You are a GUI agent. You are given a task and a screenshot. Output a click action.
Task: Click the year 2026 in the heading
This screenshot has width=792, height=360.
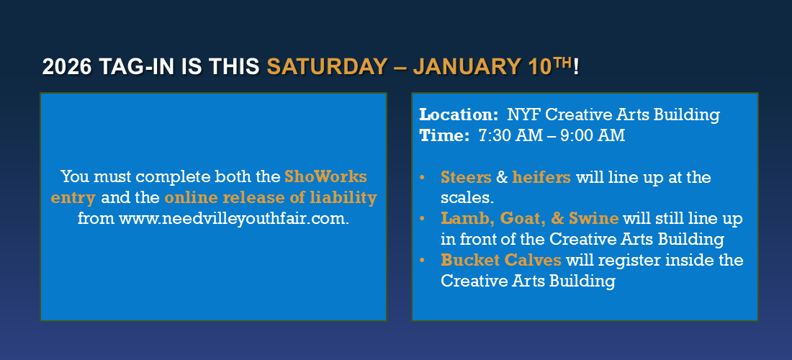click(67, 67)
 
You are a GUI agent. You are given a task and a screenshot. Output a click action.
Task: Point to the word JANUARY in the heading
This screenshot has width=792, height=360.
click(463, 67)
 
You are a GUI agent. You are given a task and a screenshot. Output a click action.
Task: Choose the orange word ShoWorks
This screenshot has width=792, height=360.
click(325, 176)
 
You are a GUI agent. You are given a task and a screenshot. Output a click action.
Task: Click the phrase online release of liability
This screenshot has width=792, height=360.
click(271, 198)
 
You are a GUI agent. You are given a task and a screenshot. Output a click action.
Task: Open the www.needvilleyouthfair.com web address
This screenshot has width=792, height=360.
click(234, 219)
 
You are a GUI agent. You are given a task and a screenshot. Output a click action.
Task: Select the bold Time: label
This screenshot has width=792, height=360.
click(444, 136)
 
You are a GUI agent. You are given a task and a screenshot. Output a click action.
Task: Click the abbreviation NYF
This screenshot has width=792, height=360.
click(523, 114)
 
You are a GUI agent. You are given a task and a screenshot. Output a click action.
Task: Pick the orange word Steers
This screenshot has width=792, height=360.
click(466, 177)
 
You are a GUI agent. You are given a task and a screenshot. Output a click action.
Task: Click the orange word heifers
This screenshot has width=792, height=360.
click(541, 177)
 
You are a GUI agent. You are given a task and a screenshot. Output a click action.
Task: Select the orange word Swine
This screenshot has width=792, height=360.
click(593, 218)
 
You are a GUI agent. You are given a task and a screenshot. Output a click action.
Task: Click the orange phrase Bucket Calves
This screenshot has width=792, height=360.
click(501, 259)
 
